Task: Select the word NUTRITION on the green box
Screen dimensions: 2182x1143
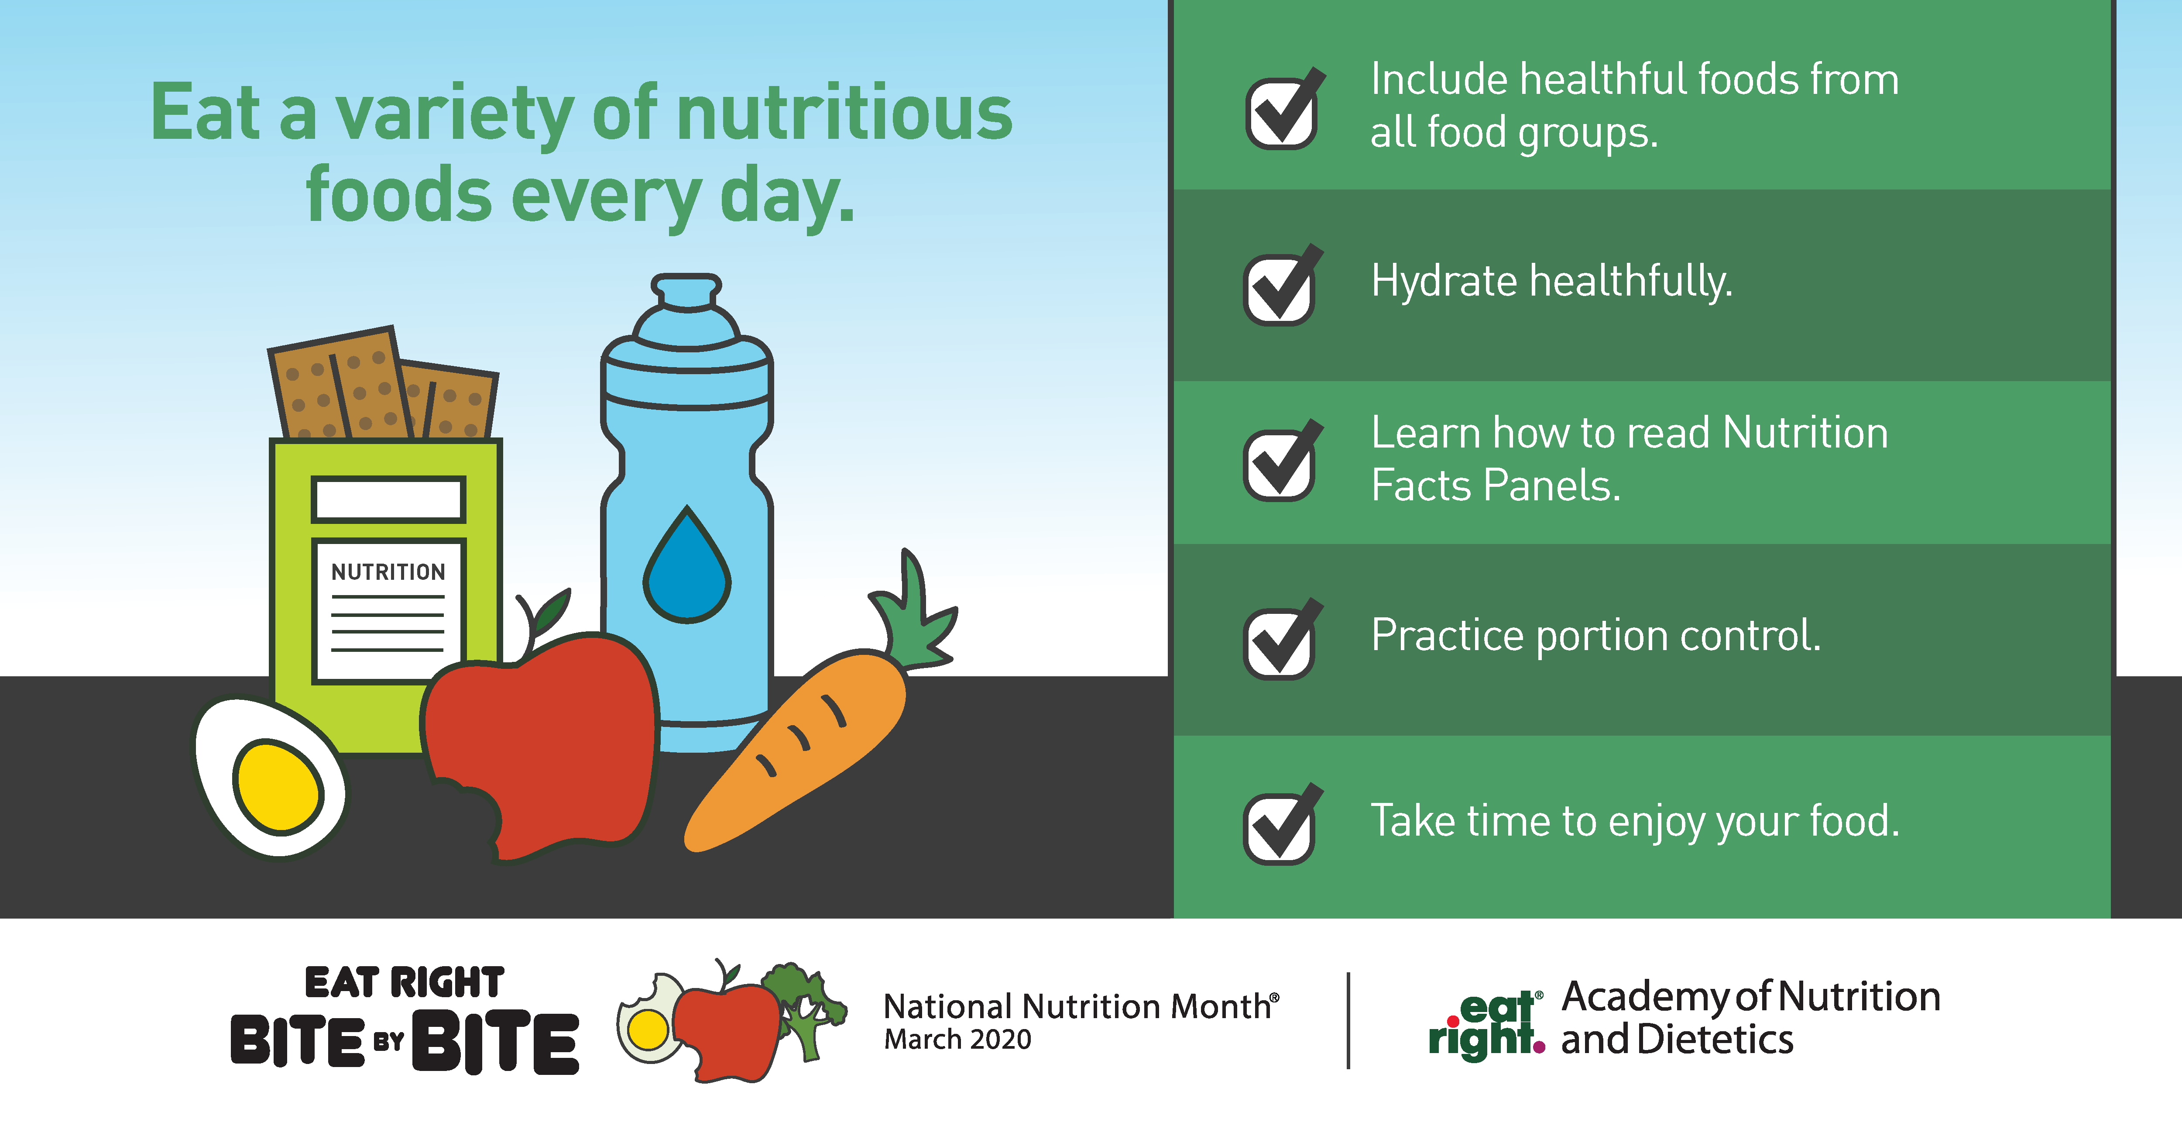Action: [388, 572]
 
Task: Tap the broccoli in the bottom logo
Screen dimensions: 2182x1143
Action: [805, 1008]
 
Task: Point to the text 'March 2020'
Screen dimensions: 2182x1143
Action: [957, 1040]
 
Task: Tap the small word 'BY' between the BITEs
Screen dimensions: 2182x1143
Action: [389, 1041]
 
